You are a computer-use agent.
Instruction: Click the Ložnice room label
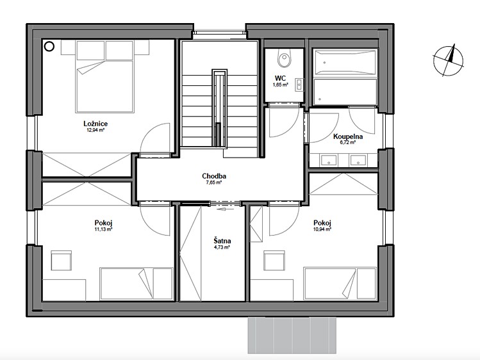point(95,124)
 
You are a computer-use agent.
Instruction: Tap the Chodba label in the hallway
point(214,176)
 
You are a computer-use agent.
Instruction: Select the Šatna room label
point(222,241)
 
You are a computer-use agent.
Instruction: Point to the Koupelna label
point(348,136)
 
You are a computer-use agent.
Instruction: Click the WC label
point(280,79)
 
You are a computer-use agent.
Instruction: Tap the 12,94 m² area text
point(95,130)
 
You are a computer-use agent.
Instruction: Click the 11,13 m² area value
point(103,229)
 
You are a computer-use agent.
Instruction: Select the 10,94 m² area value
point(322,229)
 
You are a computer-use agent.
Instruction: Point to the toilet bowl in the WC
point(284,59)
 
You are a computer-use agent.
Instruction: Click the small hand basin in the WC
point(299,85)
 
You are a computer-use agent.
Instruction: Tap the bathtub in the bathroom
point(345,63)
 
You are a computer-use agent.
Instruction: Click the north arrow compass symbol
point(448,60)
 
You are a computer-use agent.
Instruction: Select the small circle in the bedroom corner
point(49,47)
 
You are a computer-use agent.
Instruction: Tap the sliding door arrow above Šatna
point(225,209)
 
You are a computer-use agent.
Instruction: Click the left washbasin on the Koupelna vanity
point(328,160)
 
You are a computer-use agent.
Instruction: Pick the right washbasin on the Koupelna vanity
point(358,160)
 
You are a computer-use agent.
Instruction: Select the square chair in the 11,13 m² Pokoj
point(62,261)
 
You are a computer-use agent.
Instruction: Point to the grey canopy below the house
point(292,335)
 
